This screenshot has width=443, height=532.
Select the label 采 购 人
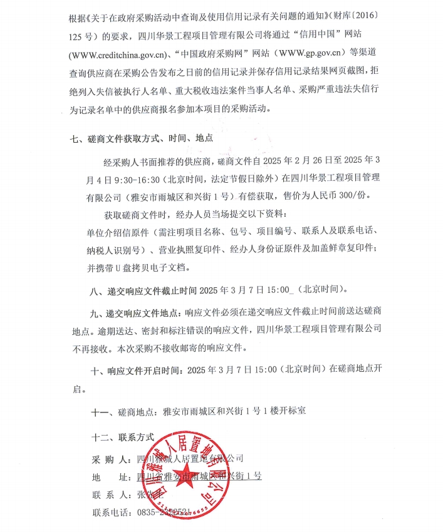(112, 459)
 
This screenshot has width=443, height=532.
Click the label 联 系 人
(112, 494)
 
